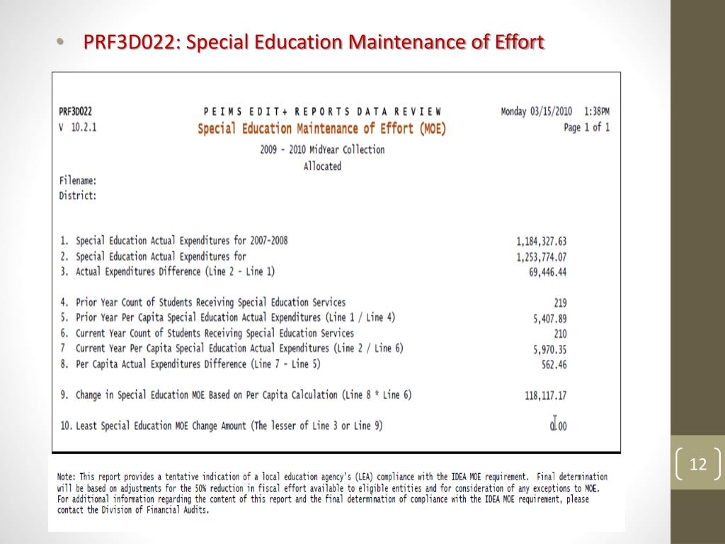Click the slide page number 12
(698, 465)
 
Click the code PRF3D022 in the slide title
(130, 42)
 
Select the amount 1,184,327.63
(542, 242)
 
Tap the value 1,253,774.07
(542, 257)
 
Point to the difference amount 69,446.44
(547, 272)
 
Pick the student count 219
(559, 303)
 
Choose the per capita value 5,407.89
(549, 319)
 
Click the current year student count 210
(559, 334)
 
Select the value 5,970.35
(549, 349)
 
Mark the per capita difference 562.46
(554, 365)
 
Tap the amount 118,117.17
(545, 396)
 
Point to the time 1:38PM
(597, 111)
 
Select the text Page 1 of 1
(586, 127)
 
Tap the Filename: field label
(78, 181)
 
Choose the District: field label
(78, 195)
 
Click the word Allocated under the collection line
(322, 166)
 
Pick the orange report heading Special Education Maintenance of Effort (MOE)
(321, 129)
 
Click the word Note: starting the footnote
(67, 477)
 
